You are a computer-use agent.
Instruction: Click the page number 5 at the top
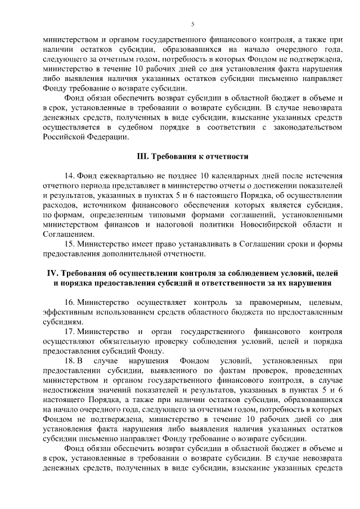coord(192,24)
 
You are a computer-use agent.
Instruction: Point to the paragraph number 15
coord(70,244)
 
